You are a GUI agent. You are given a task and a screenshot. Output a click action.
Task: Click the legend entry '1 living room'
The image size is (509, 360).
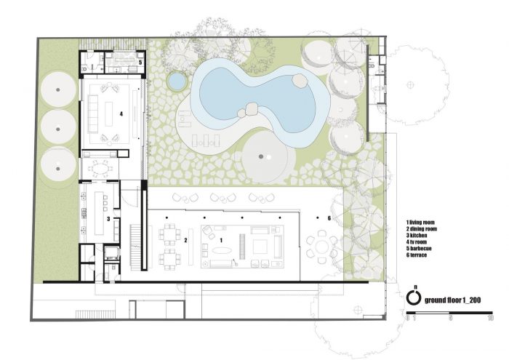tap(420, 223)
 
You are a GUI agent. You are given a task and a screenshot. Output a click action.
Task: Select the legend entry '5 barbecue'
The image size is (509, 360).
tap(419, 248)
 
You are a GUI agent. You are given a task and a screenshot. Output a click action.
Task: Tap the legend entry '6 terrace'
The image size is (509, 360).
tap(417, 255)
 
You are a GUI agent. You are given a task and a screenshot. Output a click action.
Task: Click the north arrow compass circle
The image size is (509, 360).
tap(414, 297)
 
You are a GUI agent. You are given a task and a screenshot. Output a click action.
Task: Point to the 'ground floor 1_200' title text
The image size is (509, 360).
tap(452, 300)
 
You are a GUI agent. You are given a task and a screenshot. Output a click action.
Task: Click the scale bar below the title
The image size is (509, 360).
tap(449, 313)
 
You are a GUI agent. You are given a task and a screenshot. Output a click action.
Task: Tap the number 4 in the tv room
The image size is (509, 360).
tap(121, 114)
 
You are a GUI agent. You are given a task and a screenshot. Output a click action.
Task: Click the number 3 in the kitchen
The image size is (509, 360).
tap(108, 219)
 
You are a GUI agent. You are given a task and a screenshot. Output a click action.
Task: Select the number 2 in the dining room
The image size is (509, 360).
tap(185, 240)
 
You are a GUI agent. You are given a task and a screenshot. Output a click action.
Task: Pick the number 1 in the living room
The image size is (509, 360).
tap(221, 240)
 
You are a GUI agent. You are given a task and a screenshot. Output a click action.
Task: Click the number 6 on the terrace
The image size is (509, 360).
tap(329, 218)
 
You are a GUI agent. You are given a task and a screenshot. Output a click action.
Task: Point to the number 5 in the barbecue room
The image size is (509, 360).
tap(140, 62)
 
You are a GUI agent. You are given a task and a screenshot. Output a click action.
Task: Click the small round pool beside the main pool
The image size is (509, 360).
tap(177, 81)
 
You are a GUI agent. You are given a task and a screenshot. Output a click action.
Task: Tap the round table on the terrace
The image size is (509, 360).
tap(322, 247)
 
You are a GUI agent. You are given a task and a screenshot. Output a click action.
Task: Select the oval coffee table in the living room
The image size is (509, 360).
tap(222, 250)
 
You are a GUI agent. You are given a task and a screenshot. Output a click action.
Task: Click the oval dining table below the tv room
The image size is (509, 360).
tap(99, 169)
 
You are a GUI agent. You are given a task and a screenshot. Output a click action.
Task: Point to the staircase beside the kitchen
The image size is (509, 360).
tap(135, 247)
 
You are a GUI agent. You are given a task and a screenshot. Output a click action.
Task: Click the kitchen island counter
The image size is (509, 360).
tap(100, 213)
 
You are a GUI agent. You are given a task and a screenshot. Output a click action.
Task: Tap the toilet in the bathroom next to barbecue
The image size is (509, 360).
tap(84, 68)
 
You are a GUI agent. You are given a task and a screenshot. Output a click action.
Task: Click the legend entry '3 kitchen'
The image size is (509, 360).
tap(417, 236)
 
